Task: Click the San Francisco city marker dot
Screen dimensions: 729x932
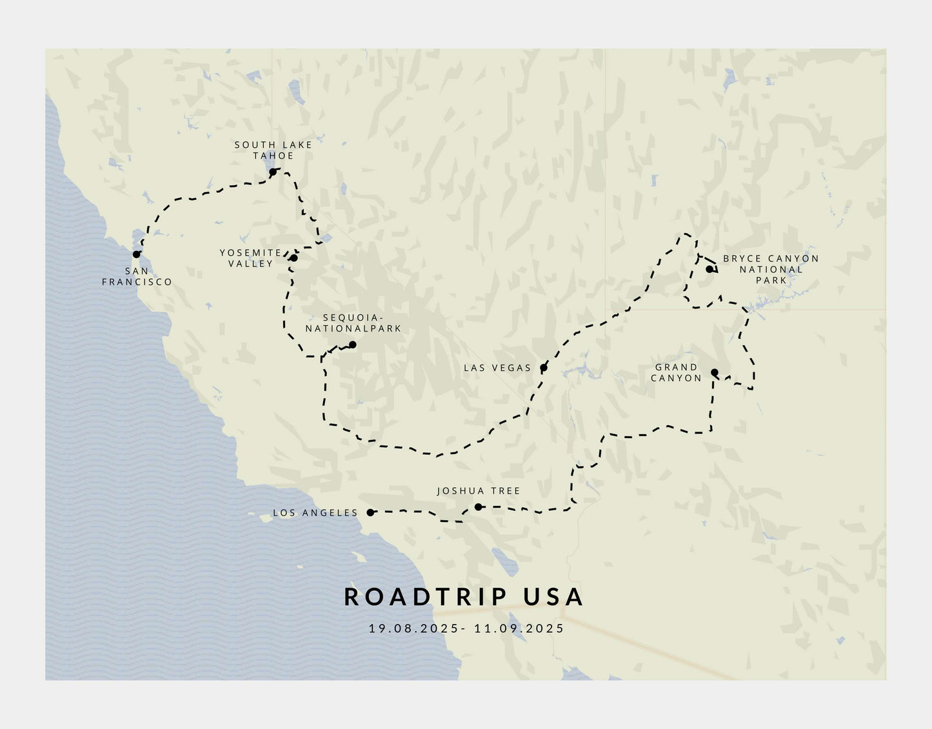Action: point(137,254)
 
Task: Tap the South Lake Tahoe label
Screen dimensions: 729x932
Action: point(273,150)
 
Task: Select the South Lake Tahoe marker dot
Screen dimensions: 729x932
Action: point(273,172)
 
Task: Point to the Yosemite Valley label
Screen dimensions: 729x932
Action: point(251,258)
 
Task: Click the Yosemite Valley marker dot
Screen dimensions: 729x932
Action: point(293,258)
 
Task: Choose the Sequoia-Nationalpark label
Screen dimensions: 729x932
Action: point(353,323)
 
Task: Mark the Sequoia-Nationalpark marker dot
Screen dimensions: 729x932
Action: point(352,345)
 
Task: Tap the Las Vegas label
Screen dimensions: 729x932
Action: point(497,368)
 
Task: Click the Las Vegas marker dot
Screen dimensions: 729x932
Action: point(544,368)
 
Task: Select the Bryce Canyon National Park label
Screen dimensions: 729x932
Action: point(771,269)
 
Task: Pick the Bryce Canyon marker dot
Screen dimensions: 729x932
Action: point(709,269)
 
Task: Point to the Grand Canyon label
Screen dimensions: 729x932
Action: point(676,373)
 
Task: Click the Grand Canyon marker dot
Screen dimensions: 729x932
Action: point(715,372)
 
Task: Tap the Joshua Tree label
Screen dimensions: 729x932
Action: point(479,491)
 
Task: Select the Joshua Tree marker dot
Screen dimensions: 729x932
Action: point(479,507)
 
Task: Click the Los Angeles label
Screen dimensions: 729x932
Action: point(315,513)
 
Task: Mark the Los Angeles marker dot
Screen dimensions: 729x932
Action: point(371,512)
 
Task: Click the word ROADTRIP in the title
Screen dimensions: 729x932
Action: point(426,597)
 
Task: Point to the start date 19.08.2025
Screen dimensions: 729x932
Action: point(413,628)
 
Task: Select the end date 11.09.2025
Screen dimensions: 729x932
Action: point(519,628)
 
